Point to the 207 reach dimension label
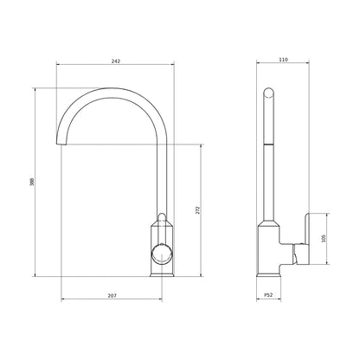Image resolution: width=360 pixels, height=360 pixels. [112, 296]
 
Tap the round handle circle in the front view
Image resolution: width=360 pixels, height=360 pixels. [161, 253]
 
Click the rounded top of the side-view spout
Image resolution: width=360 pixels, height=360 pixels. [269, 91]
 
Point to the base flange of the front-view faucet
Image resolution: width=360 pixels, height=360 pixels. [161, 273]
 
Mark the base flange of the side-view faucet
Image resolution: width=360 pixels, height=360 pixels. [269, 273]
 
